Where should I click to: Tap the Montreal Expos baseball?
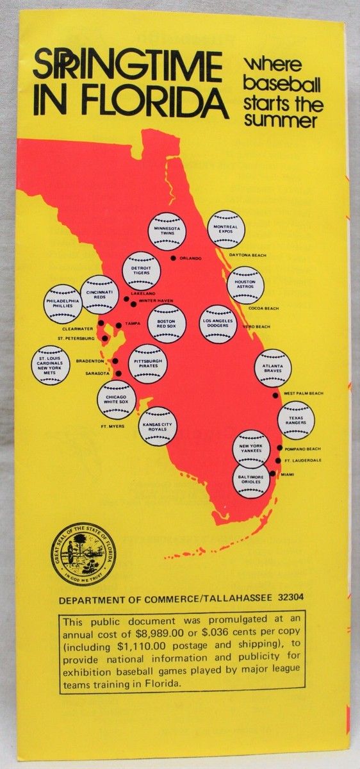226,229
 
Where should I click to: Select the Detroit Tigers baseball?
141,270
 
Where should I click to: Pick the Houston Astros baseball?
245,285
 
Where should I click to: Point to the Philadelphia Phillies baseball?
63,302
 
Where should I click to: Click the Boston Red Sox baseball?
167,324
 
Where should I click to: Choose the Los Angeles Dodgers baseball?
219,324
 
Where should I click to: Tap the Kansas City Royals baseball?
158,426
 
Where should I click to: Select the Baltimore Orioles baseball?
251,479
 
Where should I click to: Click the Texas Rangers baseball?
296,420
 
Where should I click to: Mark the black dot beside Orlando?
173,258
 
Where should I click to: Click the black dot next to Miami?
273,474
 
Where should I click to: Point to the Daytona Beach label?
248,255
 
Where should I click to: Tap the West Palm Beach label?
304,393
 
